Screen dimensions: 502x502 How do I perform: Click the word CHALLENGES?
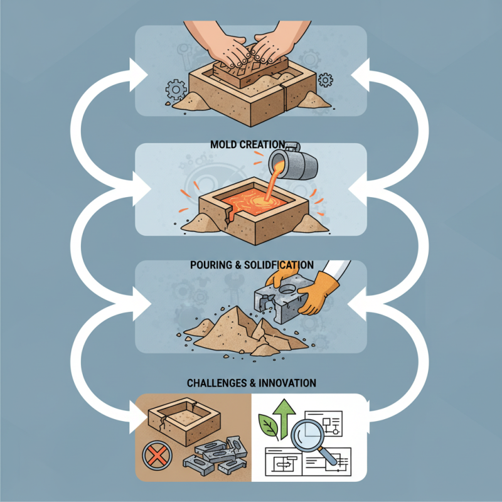coord(216,382)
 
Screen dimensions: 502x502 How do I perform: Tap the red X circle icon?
coord(154,456)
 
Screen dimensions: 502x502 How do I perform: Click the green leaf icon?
coord(269,428)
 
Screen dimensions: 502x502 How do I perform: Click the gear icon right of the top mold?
coord(325,80)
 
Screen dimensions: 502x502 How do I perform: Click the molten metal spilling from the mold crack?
coord(229,216)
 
